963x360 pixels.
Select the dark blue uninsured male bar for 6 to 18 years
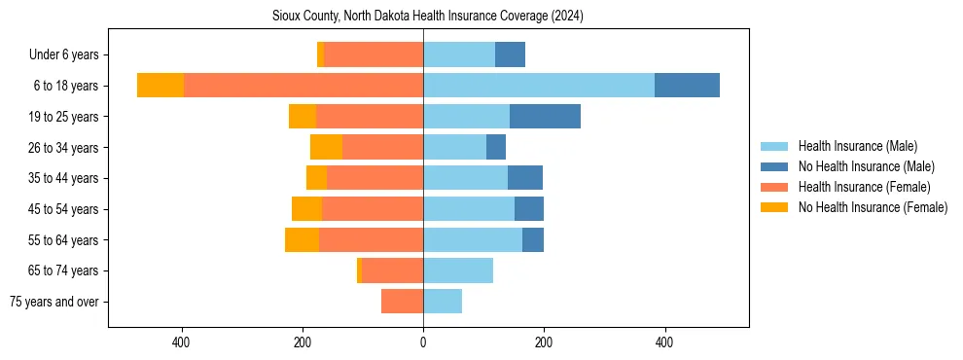[687, 86]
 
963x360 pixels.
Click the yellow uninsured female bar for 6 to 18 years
[160, 86]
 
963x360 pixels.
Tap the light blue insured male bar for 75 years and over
[443, 302]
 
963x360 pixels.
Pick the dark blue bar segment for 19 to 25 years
[545, 117]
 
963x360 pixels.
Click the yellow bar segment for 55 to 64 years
[302, 240]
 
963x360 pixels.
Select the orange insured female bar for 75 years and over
[402, 302]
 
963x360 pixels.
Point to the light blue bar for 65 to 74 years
[458, 270]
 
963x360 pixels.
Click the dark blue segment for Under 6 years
[510, 55]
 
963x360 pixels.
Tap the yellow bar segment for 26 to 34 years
[326, 148]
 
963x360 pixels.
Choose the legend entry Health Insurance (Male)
[857, 146]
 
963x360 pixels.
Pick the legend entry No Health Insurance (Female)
[873, 207]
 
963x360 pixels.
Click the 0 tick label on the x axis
[423, 342]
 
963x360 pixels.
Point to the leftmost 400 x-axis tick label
[181, 342]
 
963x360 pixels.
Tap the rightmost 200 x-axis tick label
[544, 342]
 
